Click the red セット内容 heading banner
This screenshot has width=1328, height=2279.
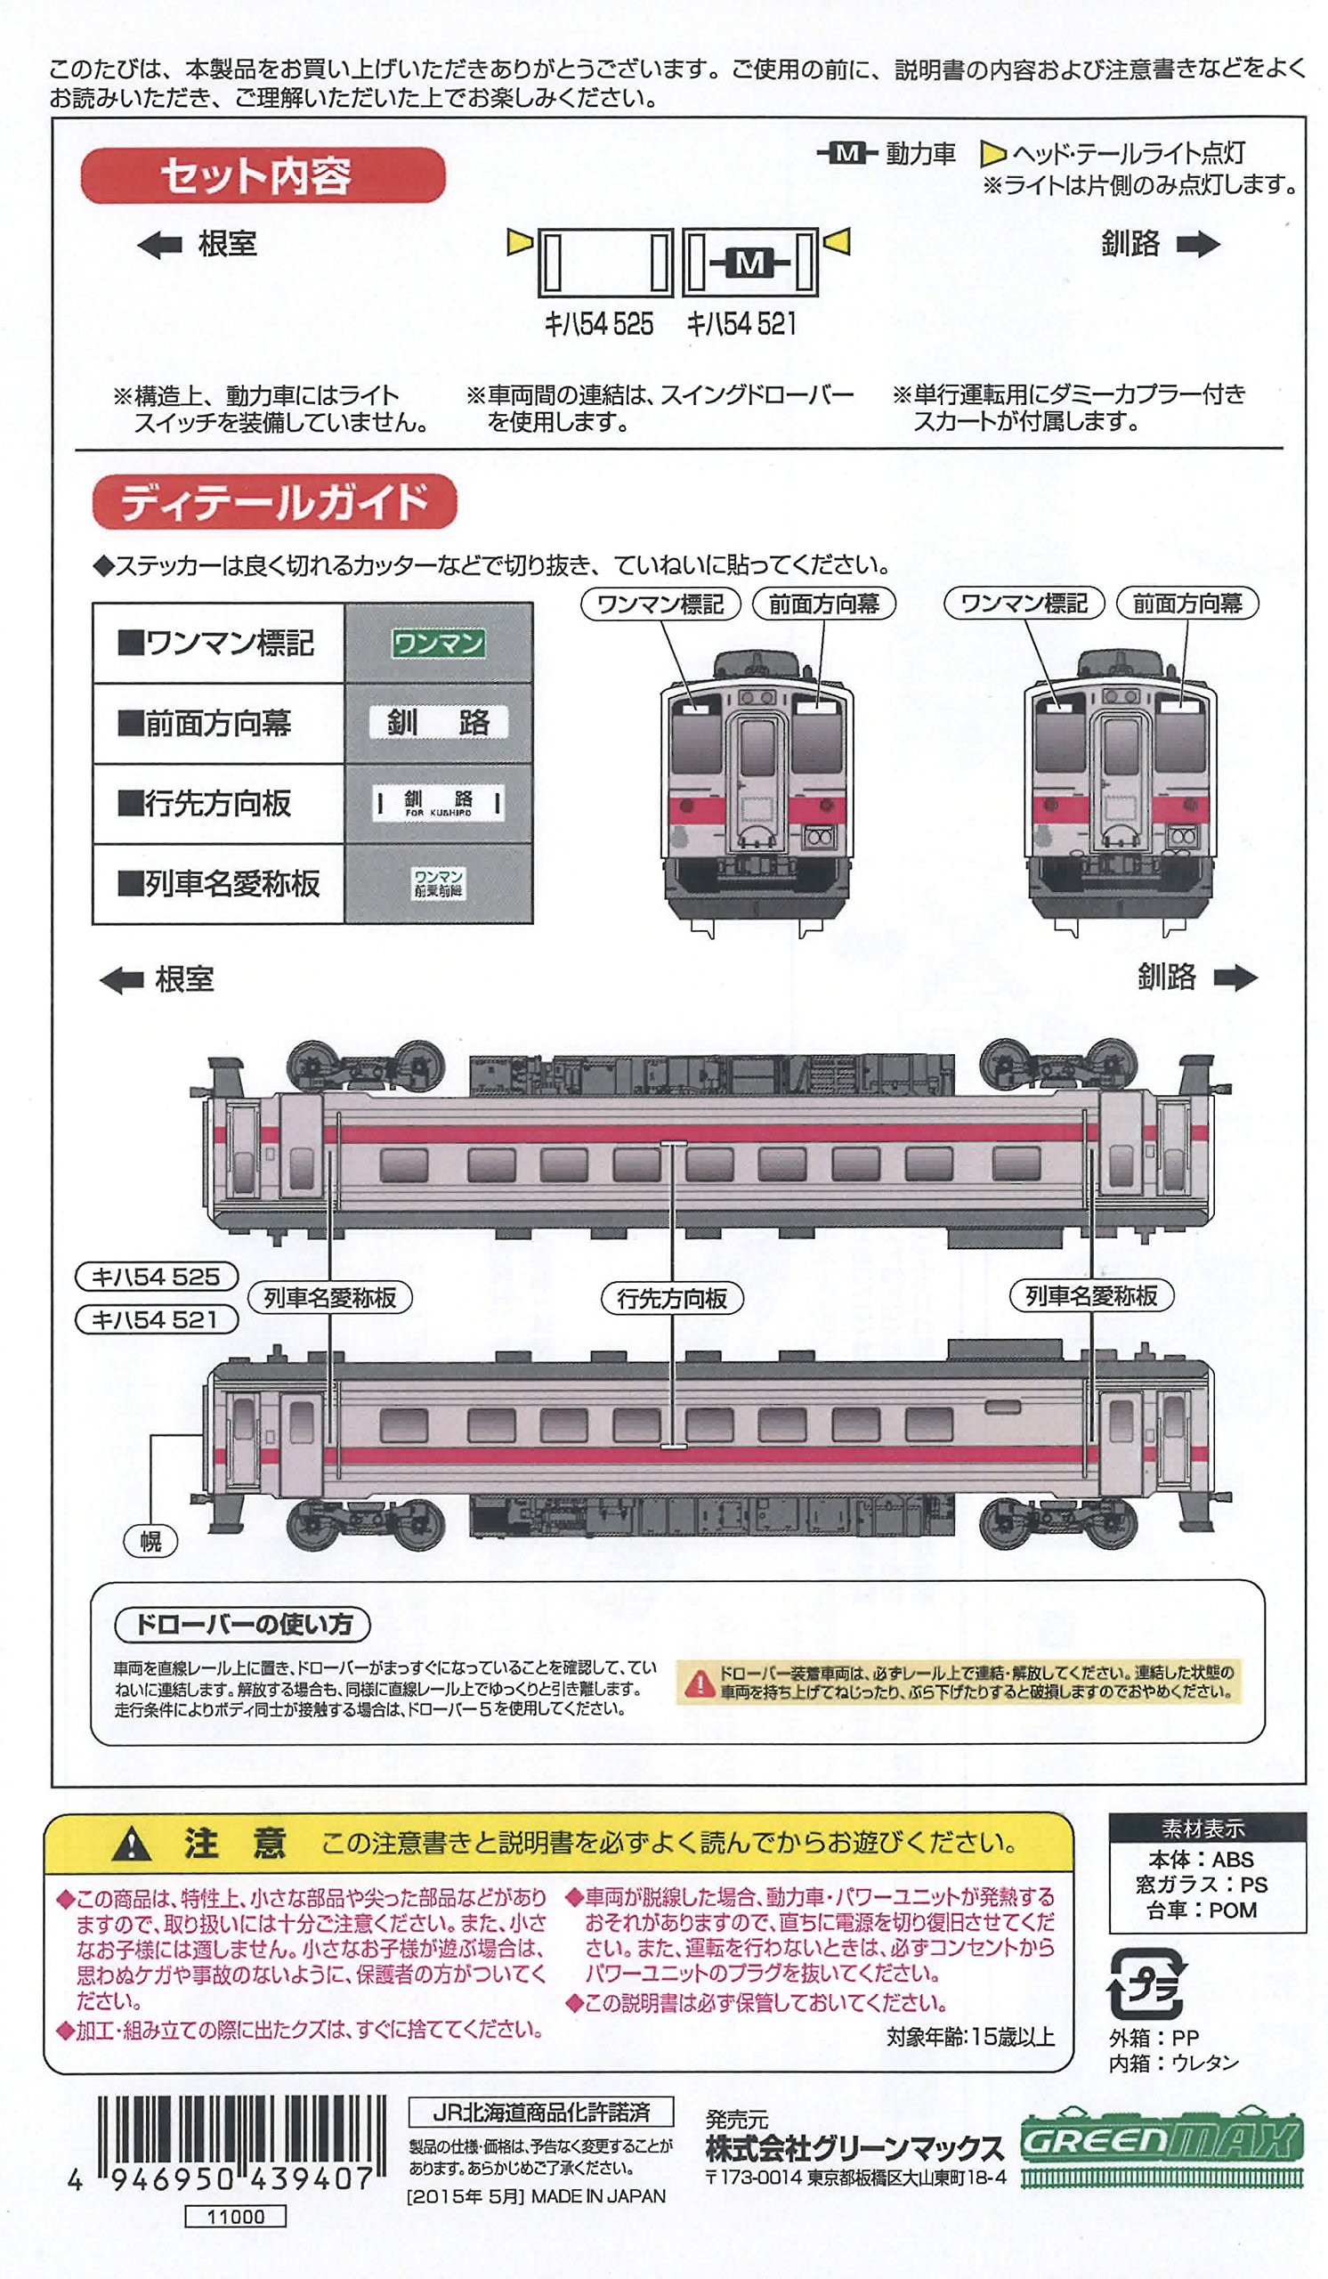[263, 175]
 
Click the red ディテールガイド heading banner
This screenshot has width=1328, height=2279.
[274, 501]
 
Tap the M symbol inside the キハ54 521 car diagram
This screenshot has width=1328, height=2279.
[749, 263]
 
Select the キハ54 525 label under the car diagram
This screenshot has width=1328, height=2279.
[598, 325]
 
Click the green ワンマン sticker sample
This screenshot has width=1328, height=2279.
[439, 643]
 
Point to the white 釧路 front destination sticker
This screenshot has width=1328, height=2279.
[439, 723]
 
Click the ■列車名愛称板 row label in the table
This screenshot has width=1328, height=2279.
[219, 884]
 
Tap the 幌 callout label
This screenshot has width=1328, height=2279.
[151, 1542]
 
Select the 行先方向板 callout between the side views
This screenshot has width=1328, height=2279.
[672, 1299]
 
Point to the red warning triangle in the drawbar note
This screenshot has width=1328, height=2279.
[699, 1684]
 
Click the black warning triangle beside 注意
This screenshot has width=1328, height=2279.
[132, 1844]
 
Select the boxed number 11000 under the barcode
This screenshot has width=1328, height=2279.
[235, 2217]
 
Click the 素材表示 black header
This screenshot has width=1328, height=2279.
[1206, 1829]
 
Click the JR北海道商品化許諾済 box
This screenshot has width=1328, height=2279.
[540, 2113]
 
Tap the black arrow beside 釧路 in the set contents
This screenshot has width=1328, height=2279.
[1198, 244]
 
